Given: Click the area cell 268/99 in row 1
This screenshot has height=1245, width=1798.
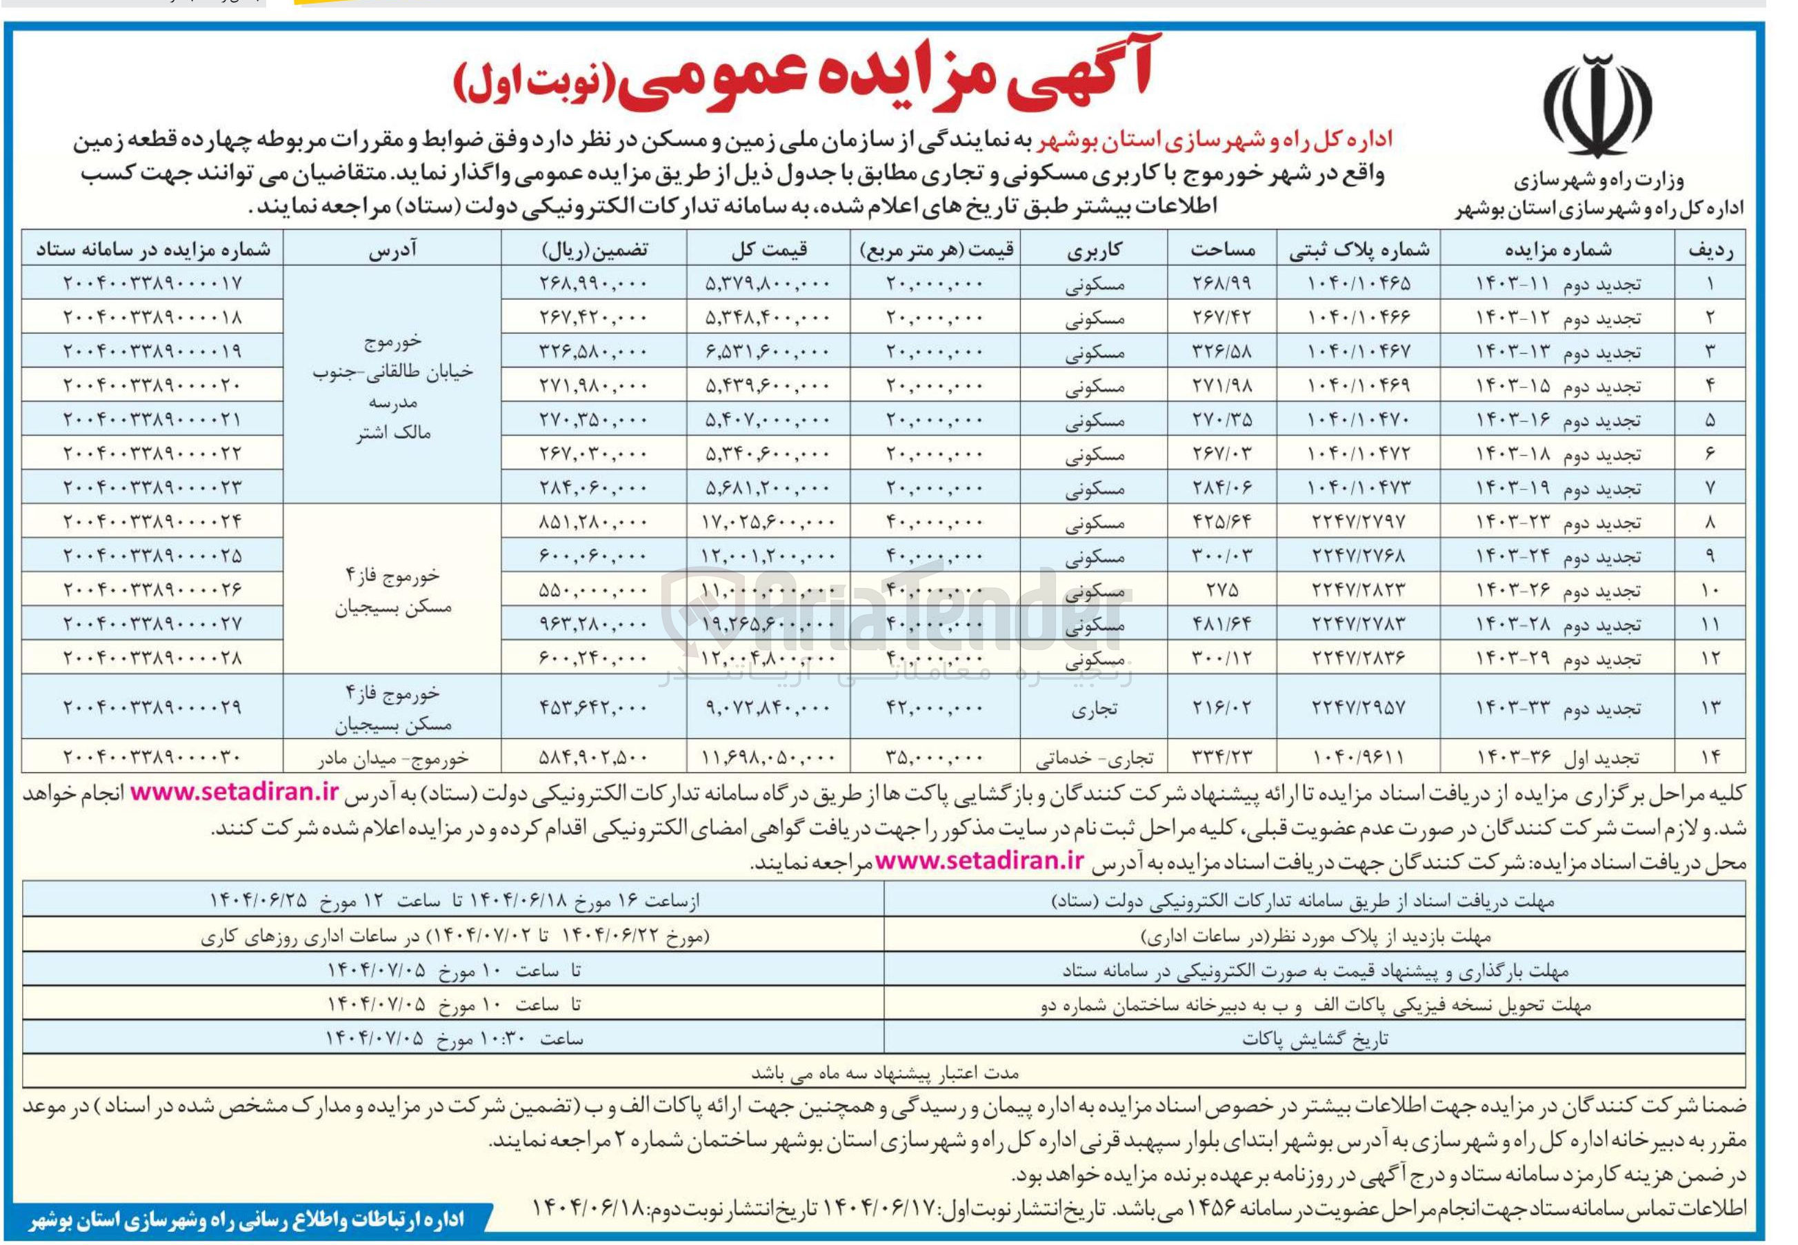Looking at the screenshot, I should [1221, 284].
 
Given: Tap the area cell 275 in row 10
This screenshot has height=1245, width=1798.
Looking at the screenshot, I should [1221, 589].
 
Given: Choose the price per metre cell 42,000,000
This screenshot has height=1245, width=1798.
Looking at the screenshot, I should [934, 707].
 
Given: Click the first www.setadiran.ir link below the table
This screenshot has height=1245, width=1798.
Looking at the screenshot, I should [234, 793].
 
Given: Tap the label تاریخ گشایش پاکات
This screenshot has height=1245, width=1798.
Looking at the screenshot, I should [1315, 1039].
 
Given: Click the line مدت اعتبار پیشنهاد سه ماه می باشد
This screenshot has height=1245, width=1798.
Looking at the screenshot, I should [885, 1073].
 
